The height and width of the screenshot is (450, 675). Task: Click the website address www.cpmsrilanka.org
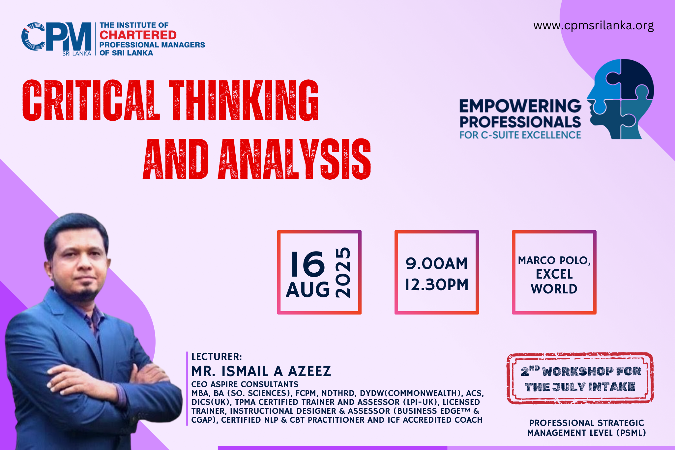593,26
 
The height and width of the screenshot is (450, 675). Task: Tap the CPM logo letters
56,37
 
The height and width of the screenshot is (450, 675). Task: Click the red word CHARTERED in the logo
138,35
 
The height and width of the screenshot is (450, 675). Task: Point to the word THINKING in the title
244,100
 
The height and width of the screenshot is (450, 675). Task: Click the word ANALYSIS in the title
294,159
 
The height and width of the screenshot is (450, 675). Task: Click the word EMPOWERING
520,106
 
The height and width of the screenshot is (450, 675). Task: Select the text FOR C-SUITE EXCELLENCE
520,135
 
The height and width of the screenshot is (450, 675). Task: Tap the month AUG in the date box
308,290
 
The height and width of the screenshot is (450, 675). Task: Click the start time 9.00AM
436,263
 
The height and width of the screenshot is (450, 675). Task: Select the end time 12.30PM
436,285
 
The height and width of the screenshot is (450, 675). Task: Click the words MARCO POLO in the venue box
554,260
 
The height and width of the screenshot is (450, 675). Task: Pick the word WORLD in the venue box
554,289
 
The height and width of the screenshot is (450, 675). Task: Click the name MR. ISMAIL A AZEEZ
261,371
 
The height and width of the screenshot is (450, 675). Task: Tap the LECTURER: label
217,356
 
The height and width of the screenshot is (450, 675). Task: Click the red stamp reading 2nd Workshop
580,378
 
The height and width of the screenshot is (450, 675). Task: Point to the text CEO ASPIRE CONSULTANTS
245,384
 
